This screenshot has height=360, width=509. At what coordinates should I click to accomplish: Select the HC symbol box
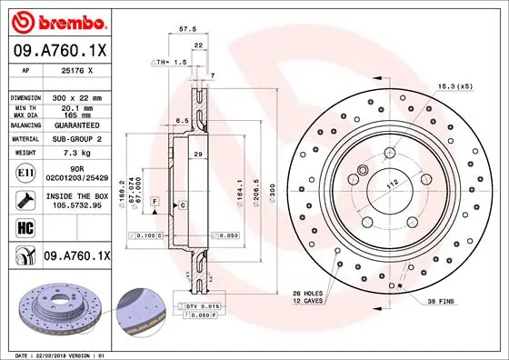coord(25,226)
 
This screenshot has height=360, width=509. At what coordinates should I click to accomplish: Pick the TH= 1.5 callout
coord(168,61)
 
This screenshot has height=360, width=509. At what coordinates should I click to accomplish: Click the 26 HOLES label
coord(306,292)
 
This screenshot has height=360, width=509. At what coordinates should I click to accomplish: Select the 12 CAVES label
coord(306,300)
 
